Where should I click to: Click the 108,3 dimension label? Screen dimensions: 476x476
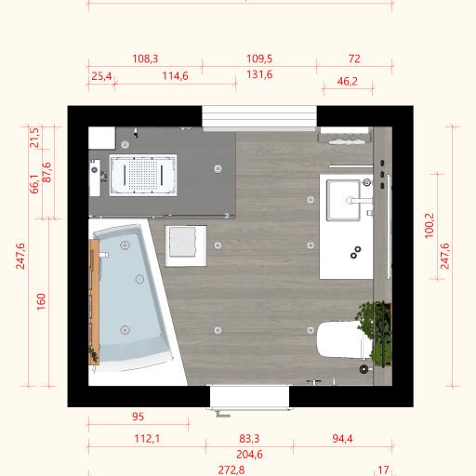(x=145, y=59)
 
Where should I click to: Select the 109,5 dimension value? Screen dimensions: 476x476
(x=259, y=59)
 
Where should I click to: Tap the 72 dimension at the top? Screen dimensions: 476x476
(x=354, y=59)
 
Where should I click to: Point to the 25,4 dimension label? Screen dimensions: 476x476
(x=101, y=76)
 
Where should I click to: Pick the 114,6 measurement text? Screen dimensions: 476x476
(x=176, y=76)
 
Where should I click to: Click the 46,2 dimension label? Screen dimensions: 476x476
(x=347, y=81)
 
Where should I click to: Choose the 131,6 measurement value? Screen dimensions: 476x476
(x=259, y=74)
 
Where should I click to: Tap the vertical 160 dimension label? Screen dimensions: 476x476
(x=41, y=301)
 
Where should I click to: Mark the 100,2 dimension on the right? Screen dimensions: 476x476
(x=430, y=226)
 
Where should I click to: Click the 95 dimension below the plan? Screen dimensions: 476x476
(x=138, y=416)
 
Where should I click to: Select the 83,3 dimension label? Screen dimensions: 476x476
(x=249, y=439)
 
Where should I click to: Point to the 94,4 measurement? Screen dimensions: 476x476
(x=342, y=439)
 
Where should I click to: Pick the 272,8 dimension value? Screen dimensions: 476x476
(x=231, y=470)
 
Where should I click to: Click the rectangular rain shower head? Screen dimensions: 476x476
(x=143, y=175)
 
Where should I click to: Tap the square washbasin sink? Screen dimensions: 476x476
(x=344, y=201)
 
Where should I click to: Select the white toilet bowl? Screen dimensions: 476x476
(x=342, y=339)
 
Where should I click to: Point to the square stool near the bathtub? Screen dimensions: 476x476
(x=186, y=245)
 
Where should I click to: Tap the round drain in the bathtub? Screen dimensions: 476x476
(x=139, y=279)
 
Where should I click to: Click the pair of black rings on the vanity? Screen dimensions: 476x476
(x=355, y=252)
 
